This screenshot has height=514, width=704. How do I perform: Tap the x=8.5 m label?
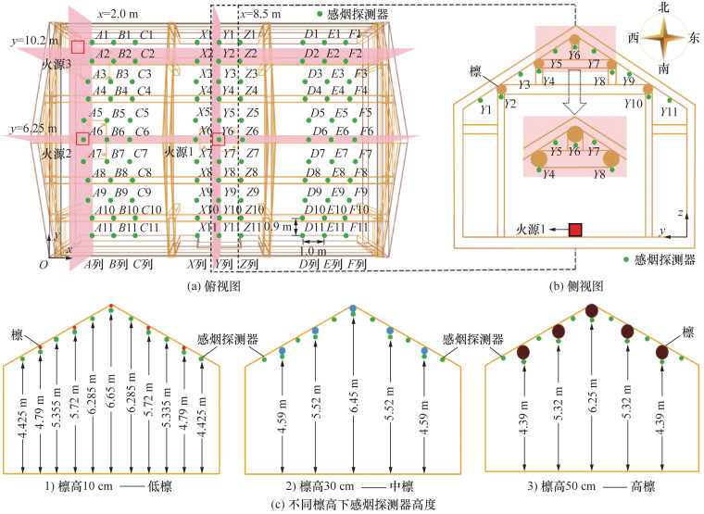coord(264,16)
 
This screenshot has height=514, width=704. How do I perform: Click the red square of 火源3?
coord(79,46)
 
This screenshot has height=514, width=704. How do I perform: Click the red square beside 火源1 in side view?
coord(575,229)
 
